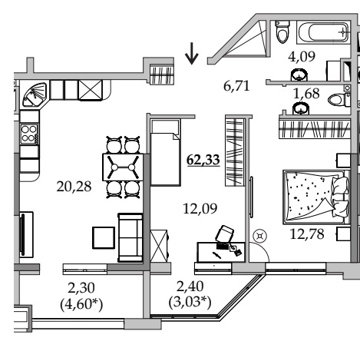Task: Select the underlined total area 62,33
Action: tap(203, 160)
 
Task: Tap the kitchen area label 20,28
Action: tap(74, 187)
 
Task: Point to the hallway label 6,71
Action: tap(236, 86)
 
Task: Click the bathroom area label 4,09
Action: tap(302, 57)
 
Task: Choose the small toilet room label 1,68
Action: tap(306, 94)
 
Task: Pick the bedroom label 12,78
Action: tap(307, 234)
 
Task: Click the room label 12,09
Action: tap(200, 208)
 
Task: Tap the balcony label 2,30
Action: tap(81, 288)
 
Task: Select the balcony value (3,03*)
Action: tap(190, 303)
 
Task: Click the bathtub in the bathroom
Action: tap(323, 32)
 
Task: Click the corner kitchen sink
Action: tap(35, 94)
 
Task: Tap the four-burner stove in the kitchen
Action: tap(29, 134)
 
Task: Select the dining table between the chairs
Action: tap(123, 167)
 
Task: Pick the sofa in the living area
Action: tap(130, 237)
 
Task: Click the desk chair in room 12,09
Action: tap(224, 233)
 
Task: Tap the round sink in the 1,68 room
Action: tap(301, 108)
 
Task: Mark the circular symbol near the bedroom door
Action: tap(260, 236)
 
